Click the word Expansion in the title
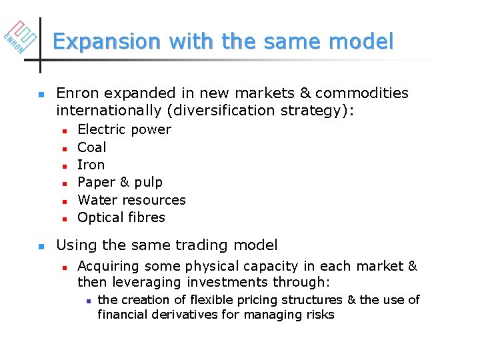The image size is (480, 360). point(107,42)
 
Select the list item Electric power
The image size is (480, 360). point(124,129)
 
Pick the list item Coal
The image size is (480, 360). point(91,147)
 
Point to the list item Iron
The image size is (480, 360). point(91,165)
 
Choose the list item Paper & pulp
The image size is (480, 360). point(120,182)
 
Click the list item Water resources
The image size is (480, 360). point(131,200)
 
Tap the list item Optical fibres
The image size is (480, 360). point(121,217)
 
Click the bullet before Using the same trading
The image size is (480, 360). point(41,246)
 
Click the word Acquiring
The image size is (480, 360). point(108,267)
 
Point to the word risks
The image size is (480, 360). point(319,315)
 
